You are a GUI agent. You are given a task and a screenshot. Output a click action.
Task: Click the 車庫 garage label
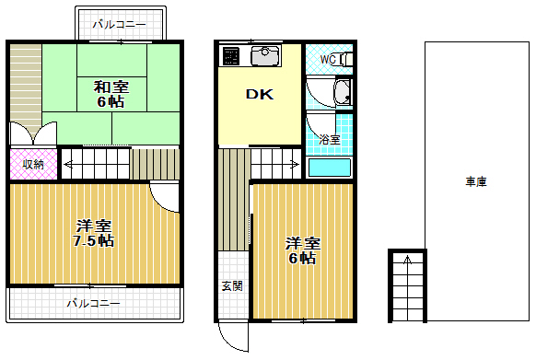pyautogui.click(x=475, y=182)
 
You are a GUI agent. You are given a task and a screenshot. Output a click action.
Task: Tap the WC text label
pyautogui.click(x=327, y=61)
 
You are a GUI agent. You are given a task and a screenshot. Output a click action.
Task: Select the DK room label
pyautogui.click(x=258, y=93)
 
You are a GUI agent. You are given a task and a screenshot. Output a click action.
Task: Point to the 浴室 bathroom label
pyautogui.click(x=329, y=139)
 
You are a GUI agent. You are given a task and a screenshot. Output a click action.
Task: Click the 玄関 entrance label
pyautogui.click(x=232, y=285)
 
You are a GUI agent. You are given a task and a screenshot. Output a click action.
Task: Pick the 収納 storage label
pyautogui.click(x=33, y=164)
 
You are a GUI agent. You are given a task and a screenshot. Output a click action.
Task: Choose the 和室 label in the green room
pyautogui.click(x=111, y=87)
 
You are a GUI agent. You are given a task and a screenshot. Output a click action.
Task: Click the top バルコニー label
pyautogui.click(x=120, y=25)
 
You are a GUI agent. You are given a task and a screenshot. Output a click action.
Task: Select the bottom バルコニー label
pyautogui.click(x=93, y=303)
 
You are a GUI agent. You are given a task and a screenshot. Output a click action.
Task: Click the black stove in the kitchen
pyautogui.click(x=230, y=57)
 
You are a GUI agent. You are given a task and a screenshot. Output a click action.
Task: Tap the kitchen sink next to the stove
pyautogui.click(x=265, y=57)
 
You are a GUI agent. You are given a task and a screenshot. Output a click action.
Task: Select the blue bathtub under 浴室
pyautogui.click(x=329, y=167)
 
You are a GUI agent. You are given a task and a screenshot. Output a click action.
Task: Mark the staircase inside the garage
pyautogui.click(x=406, y=285)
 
